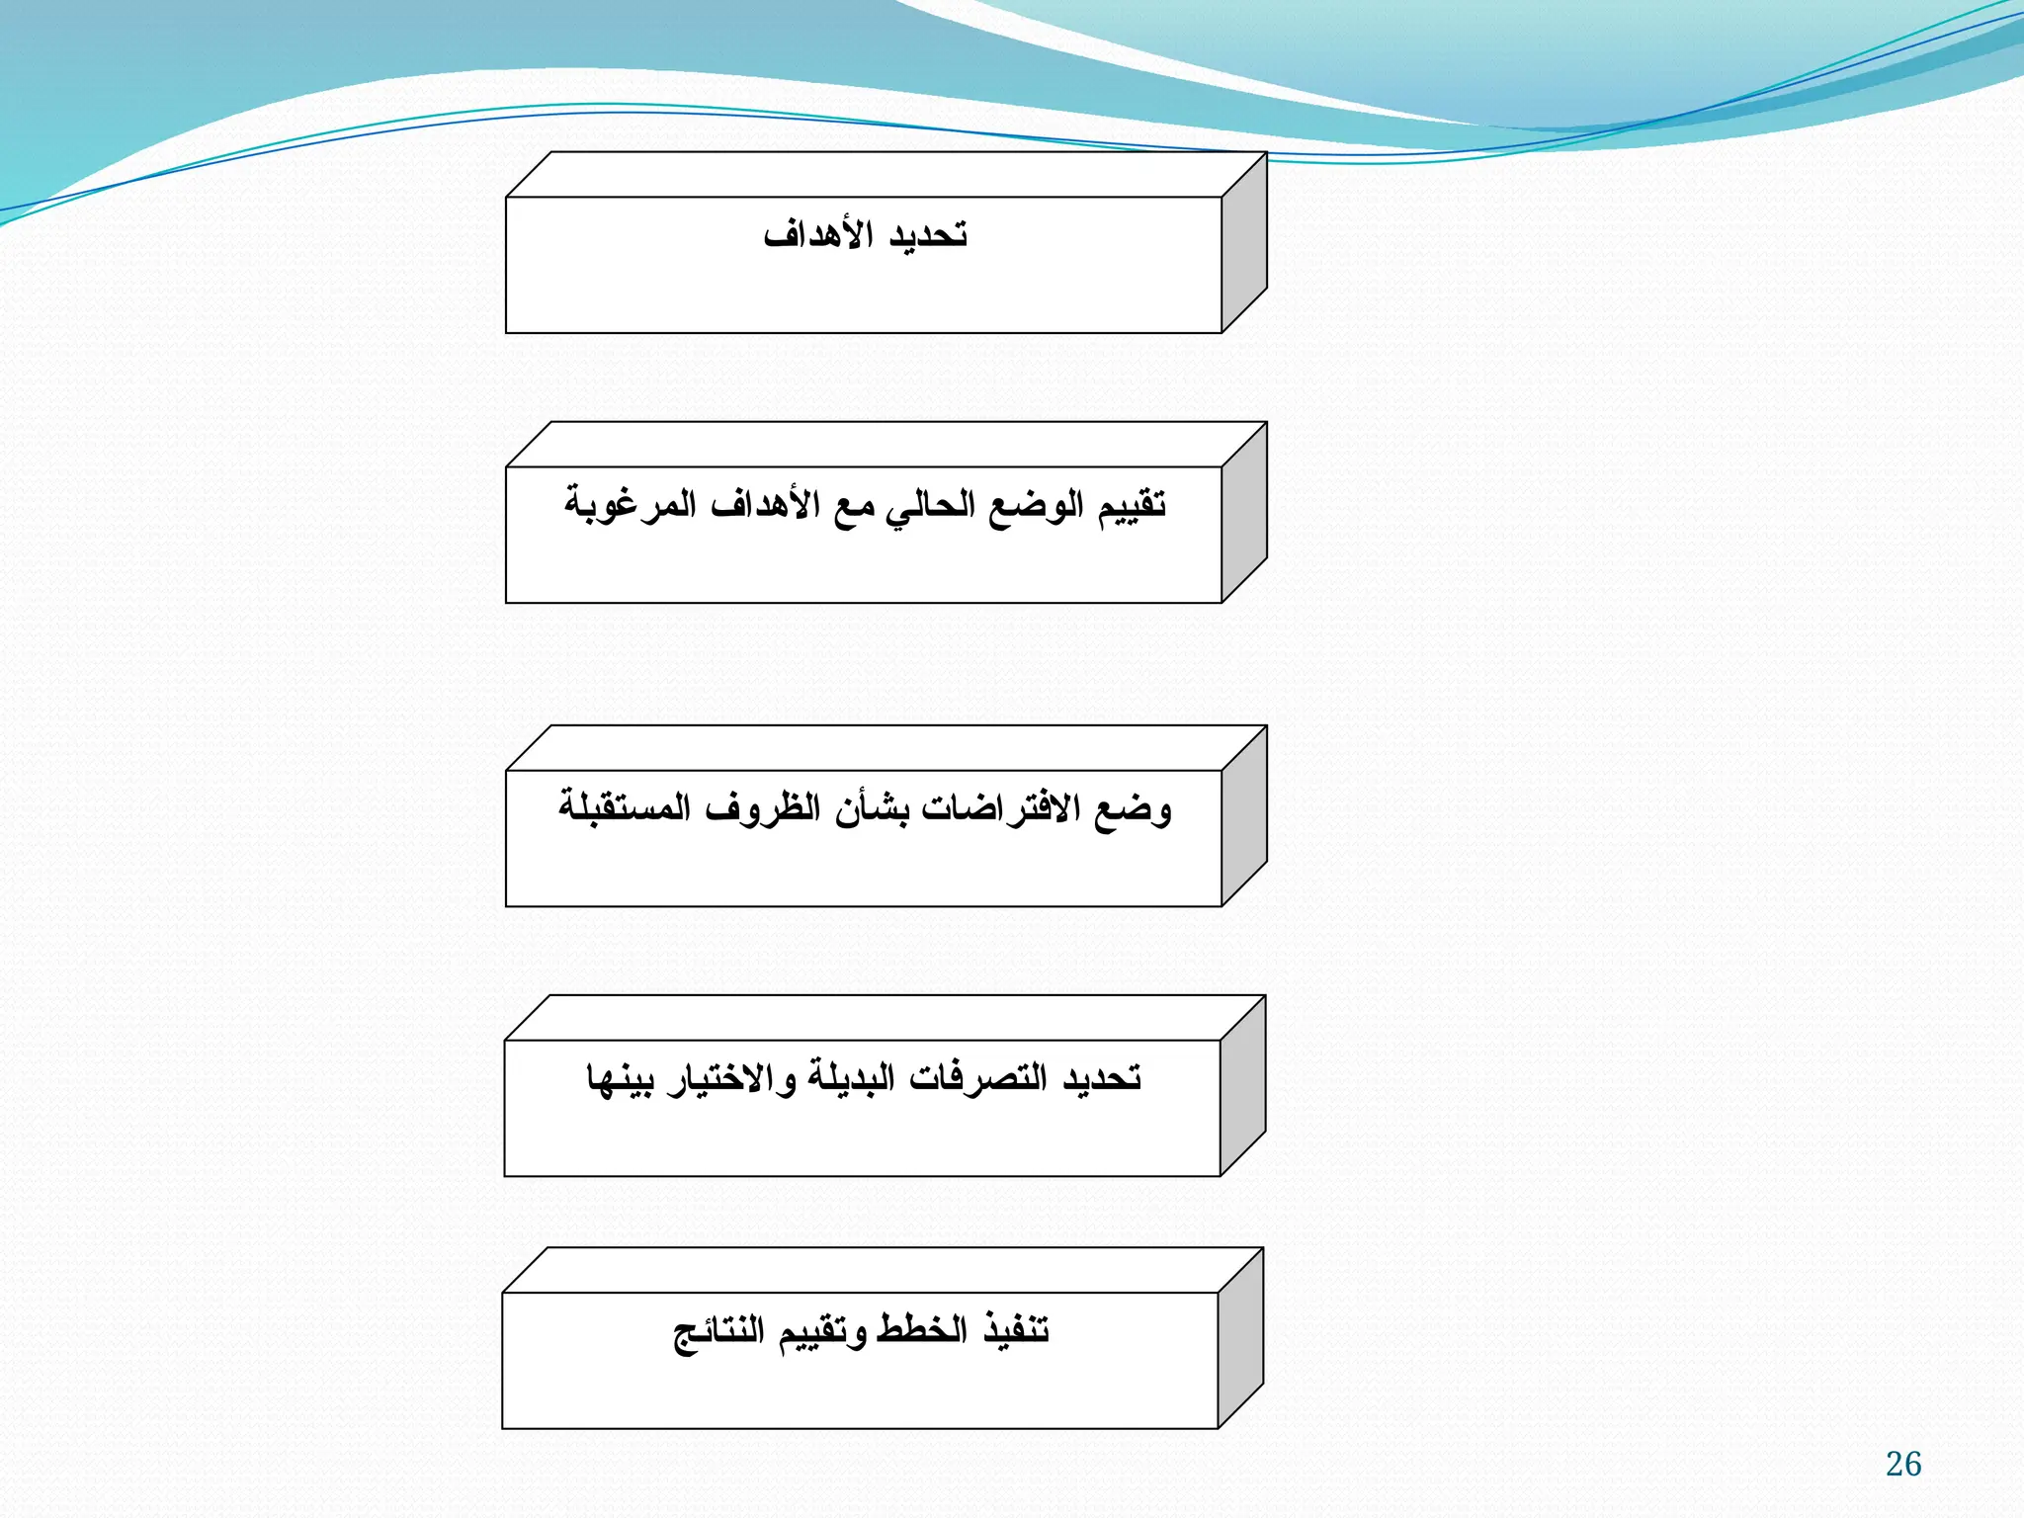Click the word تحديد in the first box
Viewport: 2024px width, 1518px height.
pos(928,236)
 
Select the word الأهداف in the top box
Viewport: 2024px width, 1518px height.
pos(818,236)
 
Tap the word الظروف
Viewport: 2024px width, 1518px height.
pos(763,809)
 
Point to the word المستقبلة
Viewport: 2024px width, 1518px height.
pos(625,809)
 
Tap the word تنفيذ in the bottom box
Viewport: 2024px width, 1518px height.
pos(1016,1330)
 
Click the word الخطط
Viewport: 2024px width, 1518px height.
pos(922,1330)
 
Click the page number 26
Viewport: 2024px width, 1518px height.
pos(1902,1464)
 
